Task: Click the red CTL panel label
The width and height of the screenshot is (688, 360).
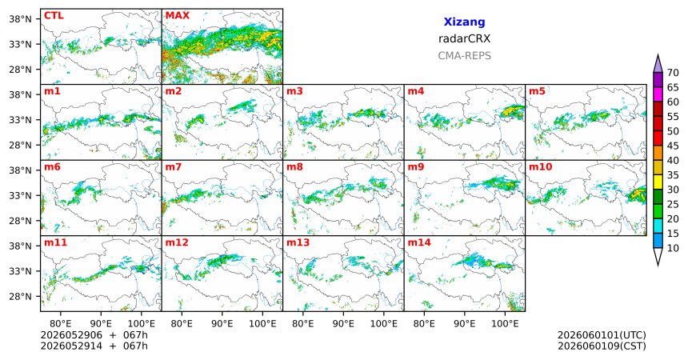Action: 54,16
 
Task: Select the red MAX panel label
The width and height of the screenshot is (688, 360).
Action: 178,16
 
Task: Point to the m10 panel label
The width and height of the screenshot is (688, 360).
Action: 540,167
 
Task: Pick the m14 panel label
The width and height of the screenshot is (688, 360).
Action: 419,242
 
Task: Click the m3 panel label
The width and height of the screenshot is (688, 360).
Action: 294,91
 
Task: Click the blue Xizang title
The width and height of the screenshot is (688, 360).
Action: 464,22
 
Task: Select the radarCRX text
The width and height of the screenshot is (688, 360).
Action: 464,38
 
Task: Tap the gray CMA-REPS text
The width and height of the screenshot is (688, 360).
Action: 464,56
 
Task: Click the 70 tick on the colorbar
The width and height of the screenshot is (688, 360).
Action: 673,73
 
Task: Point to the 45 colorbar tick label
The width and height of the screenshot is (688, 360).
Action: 673,146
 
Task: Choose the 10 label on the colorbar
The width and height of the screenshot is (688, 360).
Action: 673,248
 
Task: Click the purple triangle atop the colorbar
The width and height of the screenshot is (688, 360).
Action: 658,64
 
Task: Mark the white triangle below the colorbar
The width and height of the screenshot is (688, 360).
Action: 658,256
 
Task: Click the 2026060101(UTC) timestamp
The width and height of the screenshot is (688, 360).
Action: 602,335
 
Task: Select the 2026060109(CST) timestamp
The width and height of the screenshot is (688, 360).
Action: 602,346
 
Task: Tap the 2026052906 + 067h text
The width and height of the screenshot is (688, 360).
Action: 94,335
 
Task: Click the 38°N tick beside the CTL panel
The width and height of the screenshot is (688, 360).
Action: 20,19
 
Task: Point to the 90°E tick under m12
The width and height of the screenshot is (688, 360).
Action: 222,324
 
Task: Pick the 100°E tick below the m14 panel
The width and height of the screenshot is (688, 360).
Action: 505,324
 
